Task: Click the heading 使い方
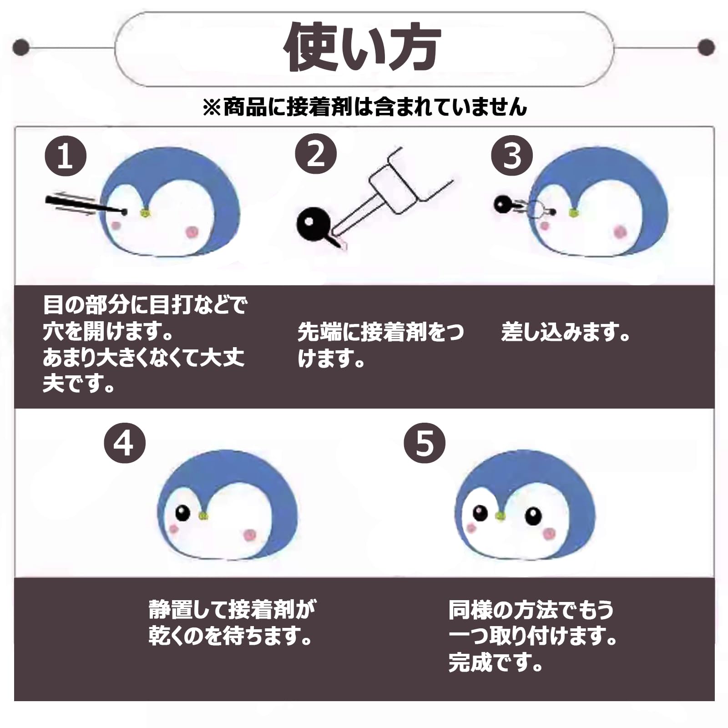click(x=363, y=47)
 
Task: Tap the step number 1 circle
click(x=66, y=156)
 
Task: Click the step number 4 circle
click(x=125, y=442)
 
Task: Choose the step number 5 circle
click(x=425, y=442)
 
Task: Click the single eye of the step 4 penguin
click(x=183, y=513)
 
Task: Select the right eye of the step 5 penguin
click(x=533, y=516)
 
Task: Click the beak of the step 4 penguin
click(x=203, y=516)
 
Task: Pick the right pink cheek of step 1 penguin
click(x=192, y=232)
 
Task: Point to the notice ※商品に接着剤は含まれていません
click(x=365, y=107)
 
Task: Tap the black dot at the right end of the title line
click(x=706, y=47)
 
